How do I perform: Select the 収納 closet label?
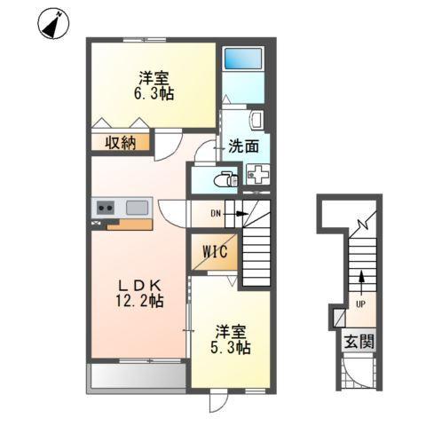coord(122,142)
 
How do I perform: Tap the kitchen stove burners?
coord(106,208)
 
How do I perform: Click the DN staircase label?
coord(216,213)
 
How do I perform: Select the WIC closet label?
coord(215,253)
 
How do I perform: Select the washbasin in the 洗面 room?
coord(257,120)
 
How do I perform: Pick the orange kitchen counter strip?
coord(123,223)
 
